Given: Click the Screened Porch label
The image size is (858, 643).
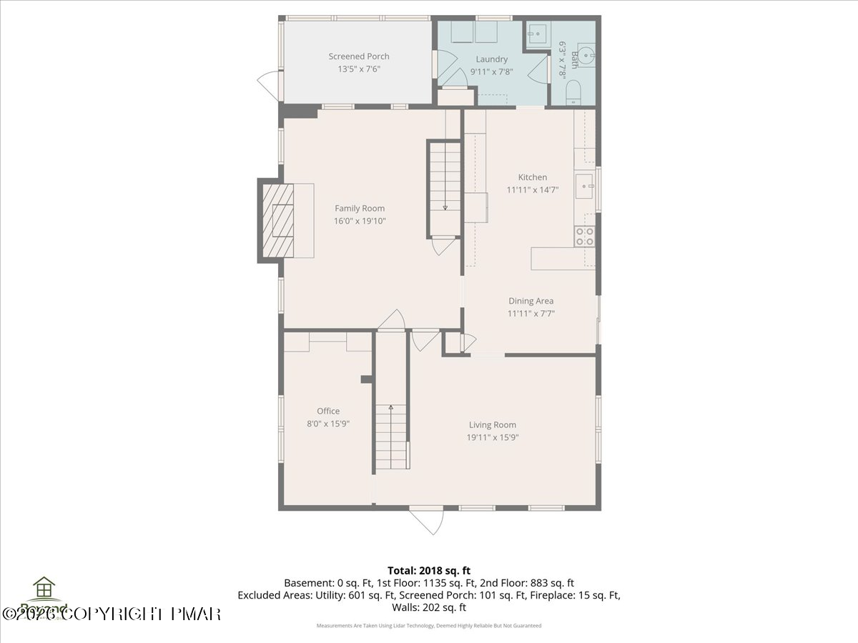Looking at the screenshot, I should pyautogui.click(x=359, y=56).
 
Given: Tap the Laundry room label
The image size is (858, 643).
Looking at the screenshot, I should pyautogui.click(x=491, y=59).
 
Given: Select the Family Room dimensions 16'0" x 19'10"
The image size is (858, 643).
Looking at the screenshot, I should pyautogui.click(x=360, y=221).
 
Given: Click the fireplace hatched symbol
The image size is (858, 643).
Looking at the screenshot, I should pyautogui.click(x=277, y=220).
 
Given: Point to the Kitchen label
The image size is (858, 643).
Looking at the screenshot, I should pyautogui.click(x=533, y=177).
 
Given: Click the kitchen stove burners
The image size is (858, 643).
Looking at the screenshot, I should pyautogui.click(x=585, y=236).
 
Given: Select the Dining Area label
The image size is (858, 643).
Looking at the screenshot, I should pyautogui.click(x=531, y=301).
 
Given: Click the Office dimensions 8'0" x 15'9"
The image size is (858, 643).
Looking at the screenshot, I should pyautogui.click(x=328, y=423).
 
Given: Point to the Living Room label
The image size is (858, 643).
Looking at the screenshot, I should pyautogui.click(x=492, y=424).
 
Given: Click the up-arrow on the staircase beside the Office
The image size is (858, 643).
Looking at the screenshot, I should pyautogui.click(x=391, y=409).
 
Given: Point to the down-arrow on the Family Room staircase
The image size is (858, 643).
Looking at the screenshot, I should pyautogui.click(x=445, y=206).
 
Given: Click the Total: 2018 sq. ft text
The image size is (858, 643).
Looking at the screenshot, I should pyautogui.click(x=428, y=570).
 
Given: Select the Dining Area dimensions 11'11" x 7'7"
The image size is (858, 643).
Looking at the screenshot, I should pyautogui.click(x=531, y=313).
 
